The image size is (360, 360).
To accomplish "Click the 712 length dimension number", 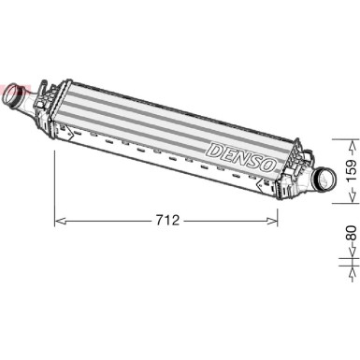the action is tap(167, 221).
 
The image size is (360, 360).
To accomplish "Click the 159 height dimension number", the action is tap(352, 171).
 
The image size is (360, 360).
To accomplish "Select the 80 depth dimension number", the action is tap(352, 233).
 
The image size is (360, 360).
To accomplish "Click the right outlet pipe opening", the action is tap(328, 180).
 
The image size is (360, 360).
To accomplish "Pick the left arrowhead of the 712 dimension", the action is tap(60, 221).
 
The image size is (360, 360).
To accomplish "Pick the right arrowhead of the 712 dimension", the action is tap(272, 221).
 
